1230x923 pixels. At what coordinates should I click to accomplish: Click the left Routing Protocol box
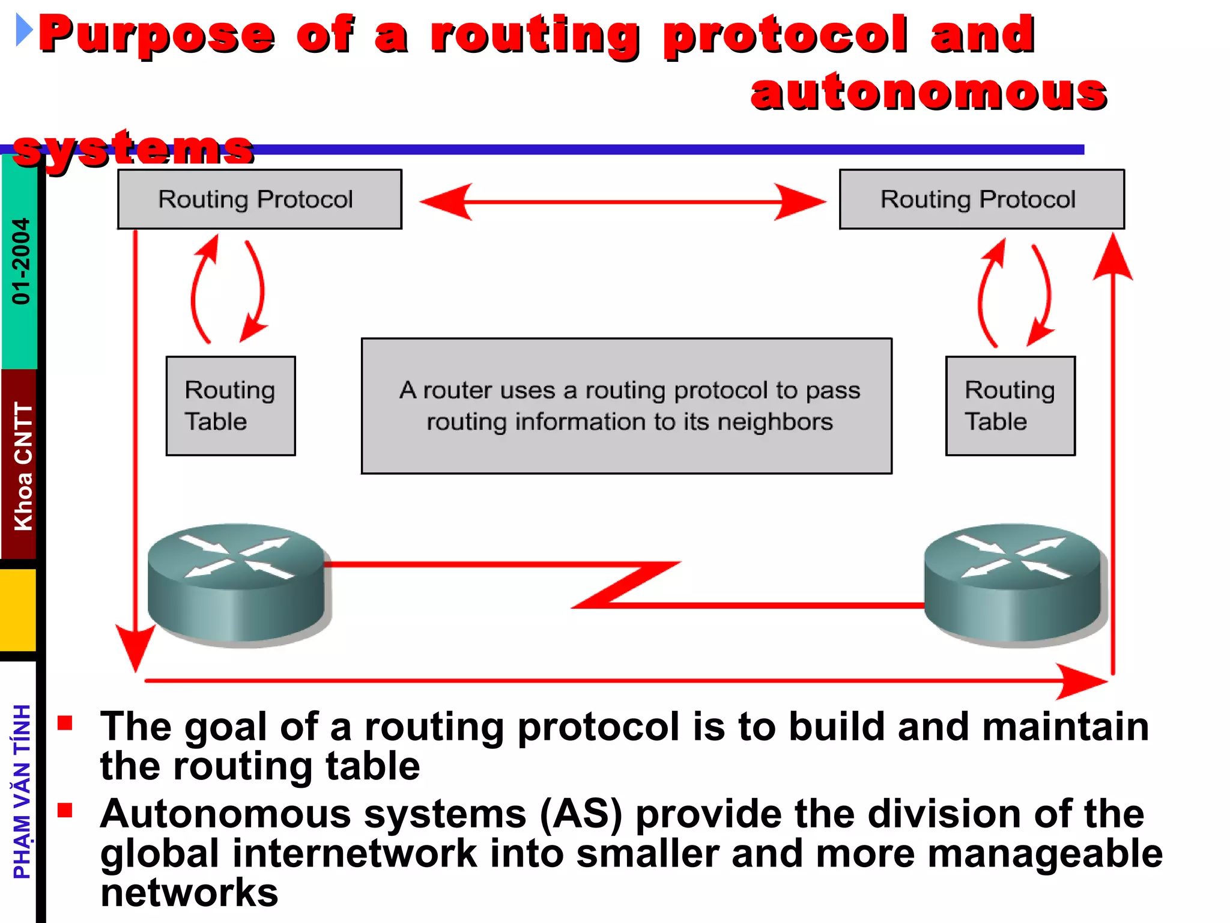click(x=259, y=199)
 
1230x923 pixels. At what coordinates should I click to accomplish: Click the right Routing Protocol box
click(x=981, y=199)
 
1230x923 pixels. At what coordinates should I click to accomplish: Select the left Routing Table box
click(x=231, y=406)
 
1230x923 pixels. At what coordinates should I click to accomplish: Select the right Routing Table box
click(x=1010, y=406)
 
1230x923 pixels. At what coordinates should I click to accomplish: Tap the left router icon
click(x=238, y=583)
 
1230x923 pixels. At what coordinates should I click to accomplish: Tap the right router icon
click(x=1014, y=583)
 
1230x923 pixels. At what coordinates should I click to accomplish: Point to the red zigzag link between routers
click(x=625, y=584)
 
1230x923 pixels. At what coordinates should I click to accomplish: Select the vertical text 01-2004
click(x=20, y=261)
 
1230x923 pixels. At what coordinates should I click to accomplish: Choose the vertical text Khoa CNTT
click(x=23, y=466)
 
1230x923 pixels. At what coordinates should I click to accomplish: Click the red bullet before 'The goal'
click(x=65, y=722)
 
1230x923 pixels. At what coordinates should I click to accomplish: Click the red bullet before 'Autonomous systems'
click(x=65, y=811)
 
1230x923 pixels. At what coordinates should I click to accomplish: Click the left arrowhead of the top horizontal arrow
click(x=444, y=202)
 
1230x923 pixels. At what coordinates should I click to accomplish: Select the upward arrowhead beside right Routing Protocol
click(x=1113, y=258)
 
